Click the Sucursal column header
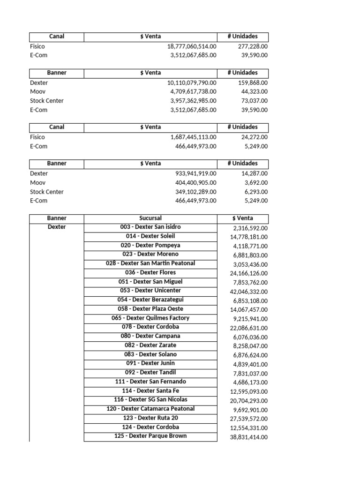point(150,218)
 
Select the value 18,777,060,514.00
point(192,46)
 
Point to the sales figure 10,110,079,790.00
point(192,83)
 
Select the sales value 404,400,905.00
point(196,183)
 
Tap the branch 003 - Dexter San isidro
point(150,227)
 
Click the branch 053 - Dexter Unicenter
point(150,291)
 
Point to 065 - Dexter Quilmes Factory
point(150,318)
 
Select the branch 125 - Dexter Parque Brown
point(150,436)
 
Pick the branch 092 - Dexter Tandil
point(150,373)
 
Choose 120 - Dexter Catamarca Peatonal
point(150,409)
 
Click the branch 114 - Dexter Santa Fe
point(150,391)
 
